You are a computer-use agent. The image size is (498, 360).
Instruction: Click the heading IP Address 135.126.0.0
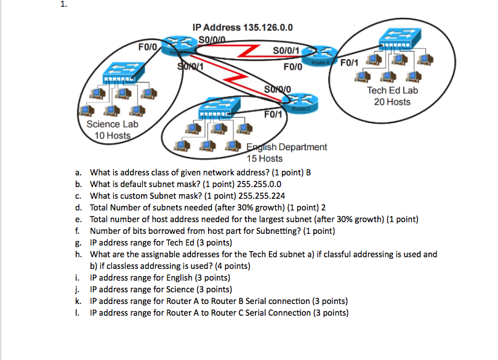pyautogui.click(x=242, y=28)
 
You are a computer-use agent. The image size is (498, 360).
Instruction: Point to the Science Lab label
pyautogui.click(x=112, y=124)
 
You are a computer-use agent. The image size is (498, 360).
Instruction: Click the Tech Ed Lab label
pyautogui.click(x=392, y=90)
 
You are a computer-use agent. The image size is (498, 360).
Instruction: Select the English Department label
pyautogui.click(x=287, y=147)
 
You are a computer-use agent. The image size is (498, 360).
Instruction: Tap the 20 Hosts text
pyautogui.click(x=392, y=102)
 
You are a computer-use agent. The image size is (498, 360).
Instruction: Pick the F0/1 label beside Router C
pyautogui.click(x=273, y=114)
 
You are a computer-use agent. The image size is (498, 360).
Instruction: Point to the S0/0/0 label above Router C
pyautogui.click(x=281, y=90)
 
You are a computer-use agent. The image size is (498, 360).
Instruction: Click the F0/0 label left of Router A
pyautogui.click(x=148, y=45)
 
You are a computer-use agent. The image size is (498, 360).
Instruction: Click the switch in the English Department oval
pyautogui.click(x=215, y=109)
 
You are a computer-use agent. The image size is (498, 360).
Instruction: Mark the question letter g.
pyautogui.click(x=79, y=242)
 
